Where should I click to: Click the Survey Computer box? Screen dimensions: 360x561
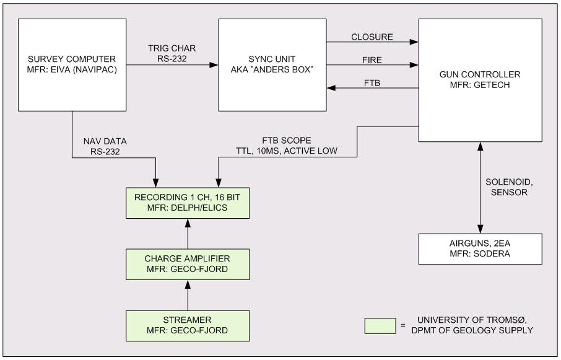72,64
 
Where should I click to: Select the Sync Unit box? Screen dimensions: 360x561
272,64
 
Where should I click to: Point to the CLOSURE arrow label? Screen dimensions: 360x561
372,37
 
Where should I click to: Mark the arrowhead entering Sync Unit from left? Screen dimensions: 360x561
214,64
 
